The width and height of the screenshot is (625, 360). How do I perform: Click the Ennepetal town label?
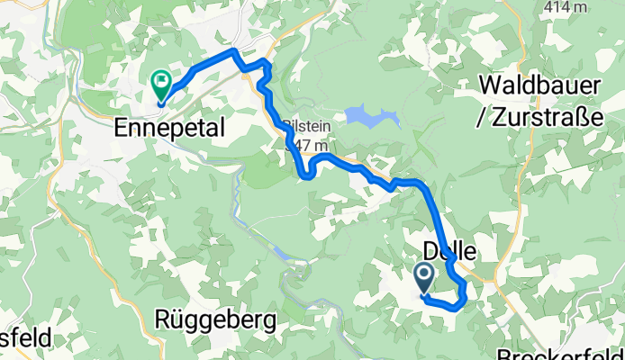click(x=169, y=129)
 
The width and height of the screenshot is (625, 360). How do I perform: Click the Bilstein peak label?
click(x=301, y=126)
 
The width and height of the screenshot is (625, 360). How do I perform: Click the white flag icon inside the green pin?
click(x=162, y=84)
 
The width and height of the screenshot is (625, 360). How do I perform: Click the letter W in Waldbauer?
click(x=490, y=85)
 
